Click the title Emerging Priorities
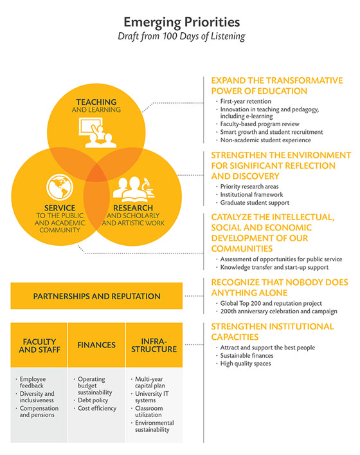[x=182, y=23]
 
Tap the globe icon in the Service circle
[x=60, y=187]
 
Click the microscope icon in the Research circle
[x=148, y=188]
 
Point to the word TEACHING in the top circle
[x=96, y=102]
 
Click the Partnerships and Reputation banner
[x=96, y=295]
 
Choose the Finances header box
[x=96, y=345]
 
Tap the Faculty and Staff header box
[x=39, y=345]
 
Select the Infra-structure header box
[x=154, y=345]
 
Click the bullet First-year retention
[x=246, y=101]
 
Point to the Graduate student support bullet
[x=255, y=203]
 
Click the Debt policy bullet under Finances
[x=93, y=400]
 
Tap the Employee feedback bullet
[x=32, y=382]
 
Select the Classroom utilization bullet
[x=148, y=411]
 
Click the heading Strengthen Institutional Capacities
[x=273, y=331]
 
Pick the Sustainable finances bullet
[x=247, y=355]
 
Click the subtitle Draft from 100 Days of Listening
[x=181, y=36]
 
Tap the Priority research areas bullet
[x=249, y=186]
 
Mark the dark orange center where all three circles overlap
[x=96, y=174]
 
